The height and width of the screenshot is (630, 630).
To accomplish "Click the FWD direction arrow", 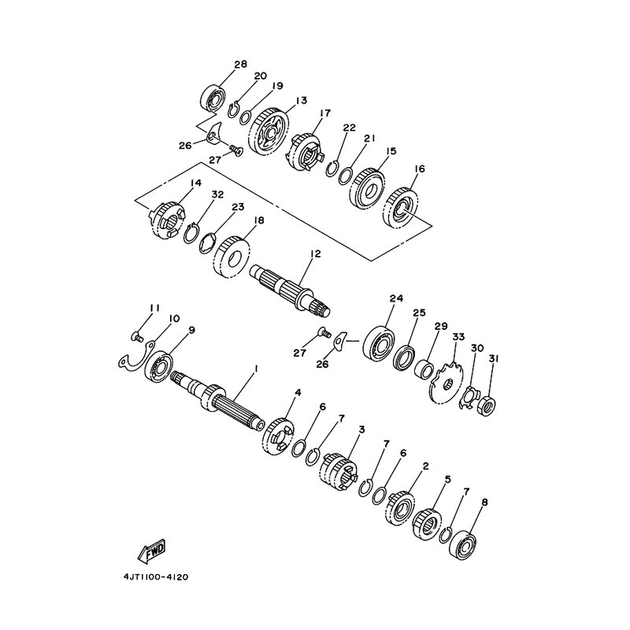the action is coord(151,550).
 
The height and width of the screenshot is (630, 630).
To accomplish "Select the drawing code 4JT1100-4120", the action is coord(156,577).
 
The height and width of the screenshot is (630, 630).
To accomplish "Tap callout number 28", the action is coord(240,65).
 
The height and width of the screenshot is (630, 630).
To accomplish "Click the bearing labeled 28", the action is coord(213,97).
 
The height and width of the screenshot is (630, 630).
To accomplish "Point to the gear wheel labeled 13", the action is coord(269,132).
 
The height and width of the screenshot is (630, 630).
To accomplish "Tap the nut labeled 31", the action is coord(487,406).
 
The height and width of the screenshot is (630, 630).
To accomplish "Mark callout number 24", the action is coord(396,298).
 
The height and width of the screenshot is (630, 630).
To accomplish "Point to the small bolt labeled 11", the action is coord(137,336).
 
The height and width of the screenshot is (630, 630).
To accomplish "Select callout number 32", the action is coord(217,195).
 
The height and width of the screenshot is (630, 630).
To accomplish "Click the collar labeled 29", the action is coord(424,369).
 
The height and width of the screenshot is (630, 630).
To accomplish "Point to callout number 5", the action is coord(448,480).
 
